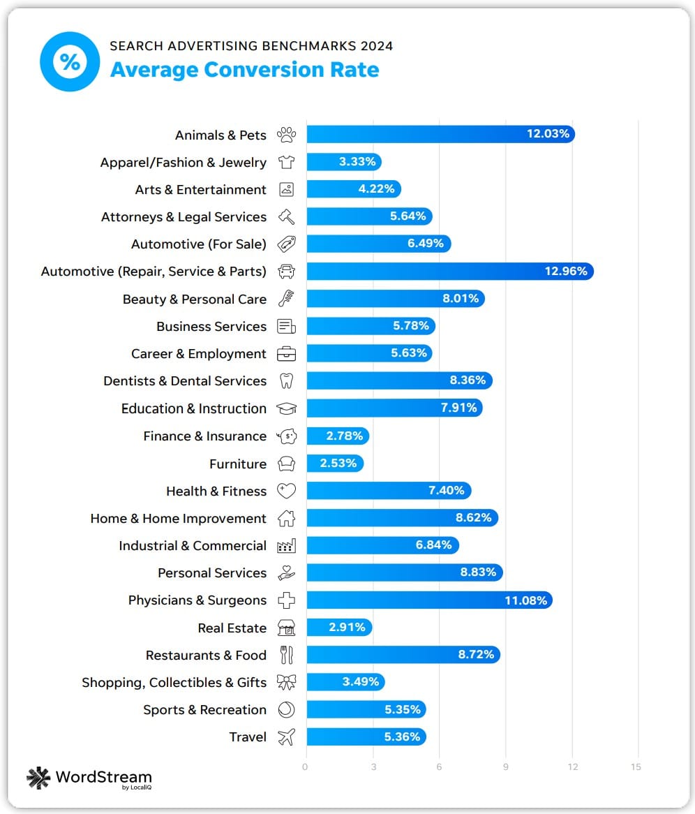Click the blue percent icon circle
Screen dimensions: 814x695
pyautogui.click(x=70, y=61)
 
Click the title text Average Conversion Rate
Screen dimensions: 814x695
pyautogui.click(x=244, y=70)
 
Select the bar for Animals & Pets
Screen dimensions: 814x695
pyautogui.click(x=440, y=134)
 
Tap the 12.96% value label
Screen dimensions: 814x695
pyautogui.click(x=566, y=271)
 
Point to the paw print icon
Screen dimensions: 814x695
pyautogui.click(x=286, y=135)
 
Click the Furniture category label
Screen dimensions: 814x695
pyautogui.click(x=238, y=464)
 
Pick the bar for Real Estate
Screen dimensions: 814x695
pyautogui.click(x=339, y=627)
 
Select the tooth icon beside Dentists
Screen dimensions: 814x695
pyautogui.click(x=286, y=381)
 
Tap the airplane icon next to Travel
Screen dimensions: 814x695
pyautogui.click(x=286, y=737)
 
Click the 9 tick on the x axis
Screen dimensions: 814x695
pyautogui.click(x=505, y=767)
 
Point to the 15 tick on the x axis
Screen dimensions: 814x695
pyautogui.click(x=635, y=767)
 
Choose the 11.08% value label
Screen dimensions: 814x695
pyautogui.click(x=525, y=600)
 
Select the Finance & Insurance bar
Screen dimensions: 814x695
pyautogui.click(x=338, y=436)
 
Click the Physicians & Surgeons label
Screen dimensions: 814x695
pyautogui.click(x=197, y=600)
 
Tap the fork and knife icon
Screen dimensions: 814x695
pyautogui.click(x=286, y=655)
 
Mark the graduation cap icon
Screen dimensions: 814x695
pyautogui.click(x=286, y=409)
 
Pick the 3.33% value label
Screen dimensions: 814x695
pyautogui.click(x=357, y=162)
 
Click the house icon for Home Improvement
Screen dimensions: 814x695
pyautogui.click(x=286, y=518)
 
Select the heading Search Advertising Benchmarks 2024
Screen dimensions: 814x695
pyautogui.click(x=251, y=46)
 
